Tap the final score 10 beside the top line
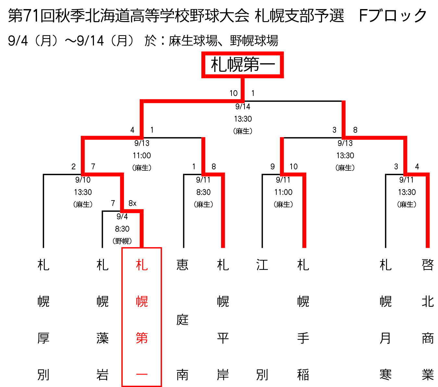[233, 93]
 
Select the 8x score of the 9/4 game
[132, 203]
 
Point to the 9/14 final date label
[243, 106]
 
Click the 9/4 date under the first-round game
[122, 216]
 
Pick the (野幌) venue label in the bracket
[122, 241]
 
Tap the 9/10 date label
[83, 180]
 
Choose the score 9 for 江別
[272, 166]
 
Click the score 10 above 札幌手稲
[294, 166]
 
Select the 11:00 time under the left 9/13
[142, 155]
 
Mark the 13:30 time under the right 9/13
[345, 155]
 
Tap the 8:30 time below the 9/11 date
[203, 192]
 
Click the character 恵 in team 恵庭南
[182, 265]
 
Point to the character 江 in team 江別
[262, 265]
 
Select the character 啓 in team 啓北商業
[427, 265]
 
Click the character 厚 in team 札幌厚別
[43, 338]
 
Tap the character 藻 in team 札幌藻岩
[102, 338]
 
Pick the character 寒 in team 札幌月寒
[385, 375]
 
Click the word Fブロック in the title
[393, 16]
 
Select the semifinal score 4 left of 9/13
[132, 130]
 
